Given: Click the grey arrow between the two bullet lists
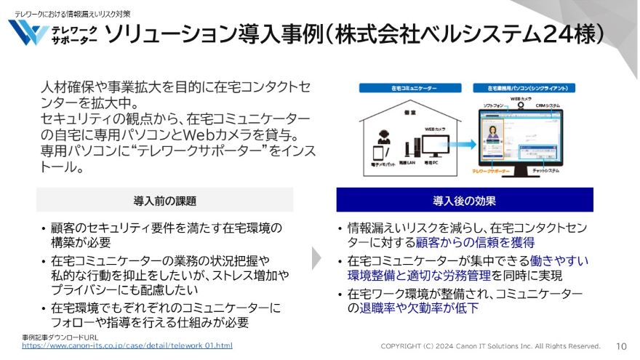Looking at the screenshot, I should pyautogui.click(x=316, y=258).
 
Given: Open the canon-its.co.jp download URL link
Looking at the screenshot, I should pyautogui.click(x=127, y=345).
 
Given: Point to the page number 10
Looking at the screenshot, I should pyautogui.click(x=621, y=346).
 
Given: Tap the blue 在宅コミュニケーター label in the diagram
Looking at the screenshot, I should pyautogui.click(x=409, y=87).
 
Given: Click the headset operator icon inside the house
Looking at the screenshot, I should pyautogui.click(x=383, y=138).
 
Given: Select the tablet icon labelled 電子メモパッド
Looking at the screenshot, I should pyautogui.click(x=378, y=155).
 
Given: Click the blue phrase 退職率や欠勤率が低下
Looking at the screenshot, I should pyautogui.click(x=420, y=308).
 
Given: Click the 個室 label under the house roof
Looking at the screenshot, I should pyautogui.click(x=409, y=113).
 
